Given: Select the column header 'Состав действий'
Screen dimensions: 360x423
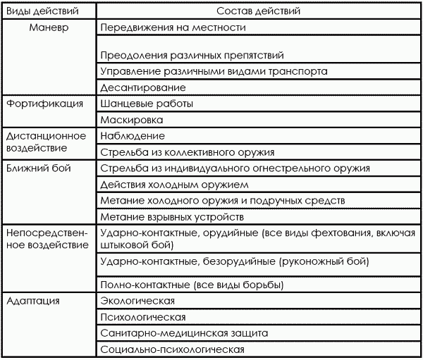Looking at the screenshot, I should point(255,12).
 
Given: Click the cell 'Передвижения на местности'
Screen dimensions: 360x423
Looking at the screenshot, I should point(173,28).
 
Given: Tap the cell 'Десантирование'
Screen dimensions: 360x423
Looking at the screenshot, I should point(143,88).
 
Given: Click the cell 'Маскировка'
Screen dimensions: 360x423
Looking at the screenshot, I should point(134,120).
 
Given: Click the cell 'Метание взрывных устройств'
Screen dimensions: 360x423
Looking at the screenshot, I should point(172,216).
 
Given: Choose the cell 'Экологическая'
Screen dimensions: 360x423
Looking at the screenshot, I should point(138,302).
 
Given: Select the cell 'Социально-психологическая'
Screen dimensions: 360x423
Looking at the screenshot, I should point(173,349).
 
